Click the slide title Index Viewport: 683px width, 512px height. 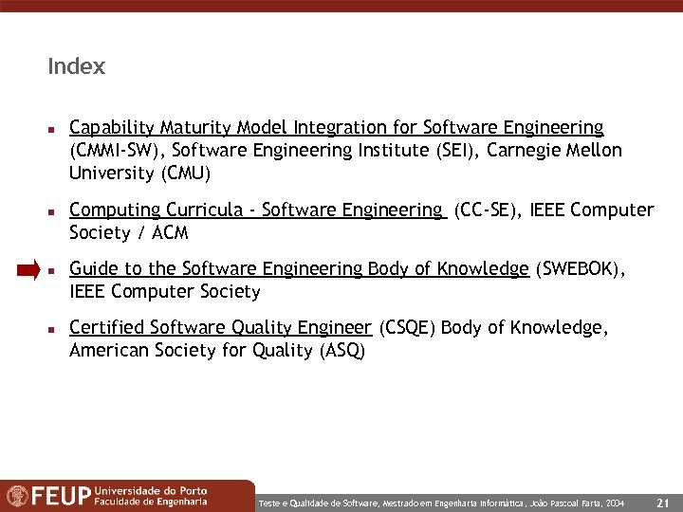tap(76, 67)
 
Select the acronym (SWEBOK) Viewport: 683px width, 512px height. tap(579, 269)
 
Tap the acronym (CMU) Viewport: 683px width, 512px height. tap(187, 174)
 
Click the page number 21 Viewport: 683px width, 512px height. tap(663, 502)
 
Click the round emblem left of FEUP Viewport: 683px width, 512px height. tap(17, 496)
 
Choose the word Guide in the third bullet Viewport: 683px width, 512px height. tap(92, 269)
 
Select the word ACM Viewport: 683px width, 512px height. tap(172, 233)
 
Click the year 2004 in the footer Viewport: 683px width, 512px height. tap(615, 502)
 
